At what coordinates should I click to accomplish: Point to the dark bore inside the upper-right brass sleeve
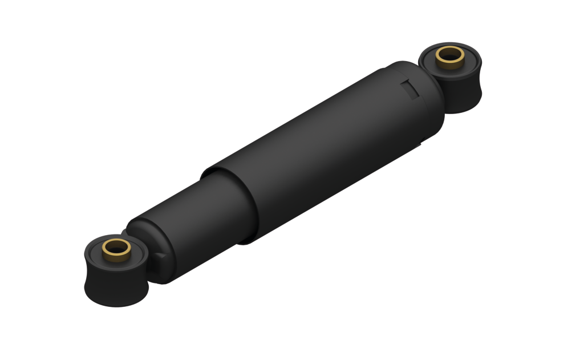(x=450, y=56)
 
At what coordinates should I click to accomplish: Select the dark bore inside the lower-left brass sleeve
(x=116, y=247)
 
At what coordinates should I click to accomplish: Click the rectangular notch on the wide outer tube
(x=409, y=89)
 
